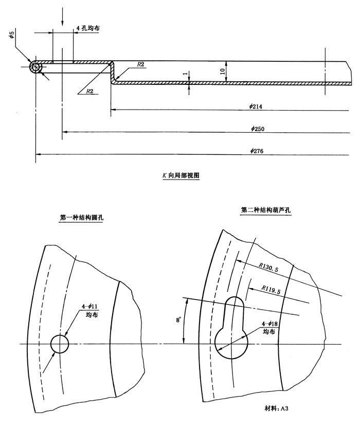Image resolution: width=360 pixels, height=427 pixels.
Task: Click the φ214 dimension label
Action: coord(256,106)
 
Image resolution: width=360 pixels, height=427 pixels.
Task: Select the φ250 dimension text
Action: coord(257,129)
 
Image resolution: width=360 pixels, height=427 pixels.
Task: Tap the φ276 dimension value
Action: coord(257,151)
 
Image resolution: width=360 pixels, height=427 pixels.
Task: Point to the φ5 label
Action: coord(11,35)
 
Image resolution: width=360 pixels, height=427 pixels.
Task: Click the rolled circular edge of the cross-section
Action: coord(35,62)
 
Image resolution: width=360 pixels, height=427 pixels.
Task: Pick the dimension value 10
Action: coord(223,72)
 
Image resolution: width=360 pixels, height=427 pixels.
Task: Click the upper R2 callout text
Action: coord(140,64)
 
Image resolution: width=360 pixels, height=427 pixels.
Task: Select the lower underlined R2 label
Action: coord(89,91)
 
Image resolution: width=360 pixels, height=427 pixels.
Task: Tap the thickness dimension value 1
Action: coord(185,74)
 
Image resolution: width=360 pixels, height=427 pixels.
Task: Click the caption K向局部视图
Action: coord(181,175)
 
